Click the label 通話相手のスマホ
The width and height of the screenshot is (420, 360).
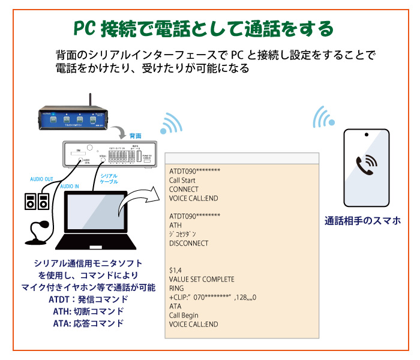coord(362,220)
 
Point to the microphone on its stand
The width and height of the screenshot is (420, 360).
coord(38,231)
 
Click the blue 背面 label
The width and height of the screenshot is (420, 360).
coord(136,136)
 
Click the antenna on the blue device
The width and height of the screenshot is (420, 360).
coord(90,100)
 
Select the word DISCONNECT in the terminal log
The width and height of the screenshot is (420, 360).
coord(189,243)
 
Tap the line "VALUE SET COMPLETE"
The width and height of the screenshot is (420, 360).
coord(202,279)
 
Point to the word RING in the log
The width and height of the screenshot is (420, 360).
coord(177,288)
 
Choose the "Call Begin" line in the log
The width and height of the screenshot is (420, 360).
coord(185,315)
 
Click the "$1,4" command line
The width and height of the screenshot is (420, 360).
coord(176,270)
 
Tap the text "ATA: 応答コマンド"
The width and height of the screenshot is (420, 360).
coord(88,323)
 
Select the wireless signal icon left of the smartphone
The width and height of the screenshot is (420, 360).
coord(323,118)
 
